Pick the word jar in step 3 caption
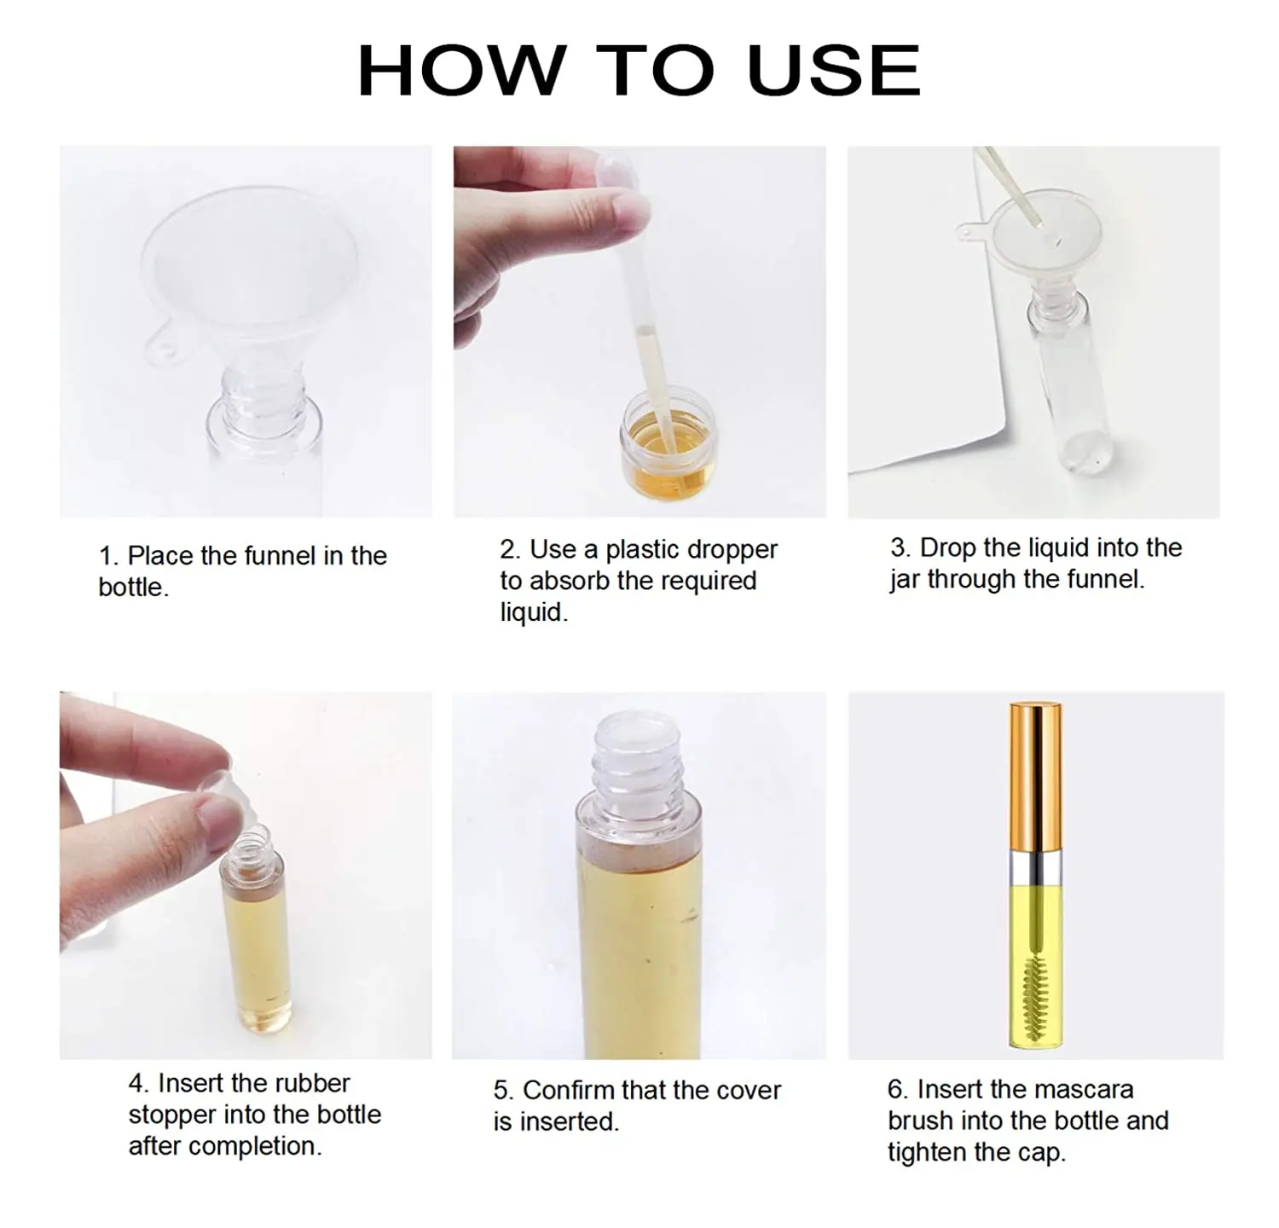click(x=905, y=580)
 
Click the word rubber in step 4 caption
click(x=310, y=1083)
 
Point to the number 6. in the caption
click(x=898, y=1089)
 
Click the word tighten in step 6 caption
click(x=926, y=1152)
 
